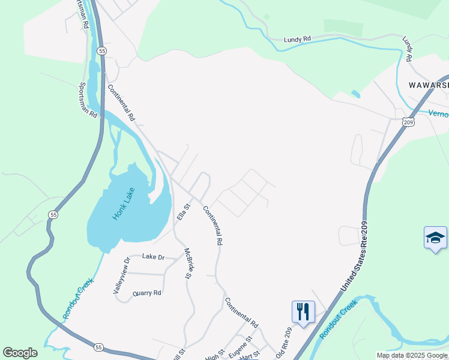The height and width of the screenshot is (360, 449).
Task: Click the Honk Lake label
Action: click(x=123, y=204)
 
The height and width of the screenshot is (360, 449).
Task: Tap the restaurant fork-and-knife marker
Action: click(x=303, y=312)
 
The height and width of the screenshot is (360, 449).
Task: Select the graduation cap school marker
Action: click(x=435, y=238)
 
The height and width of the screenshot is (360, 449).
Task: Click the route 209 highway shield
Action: click(x=408, y=122)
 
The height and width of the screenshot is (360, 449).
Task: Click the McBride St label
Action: click(x=187, y=264)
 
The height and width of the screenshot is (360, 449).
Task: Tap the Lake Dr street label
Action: click(x=153, y=257)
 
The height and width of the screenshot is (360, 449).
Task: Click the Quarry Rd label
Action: click(x=148, y=293)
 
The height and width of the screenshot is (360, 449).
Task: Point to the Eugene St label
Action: click(x=240, y=350)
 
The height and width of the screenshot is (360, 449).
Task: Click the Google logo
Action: click(x=20, y=353)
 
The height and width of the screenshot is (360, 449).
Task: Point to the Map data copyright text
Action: click(x=412, y=355)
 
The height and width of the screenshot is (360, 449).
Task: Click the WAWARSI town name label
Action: click(x=428, y=85)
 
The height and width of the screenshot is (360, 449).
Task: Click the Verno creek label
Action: click(x=438, y=113)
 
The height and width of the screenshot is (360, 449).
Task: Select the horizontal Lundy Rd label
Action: click(x=298, y=39)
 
